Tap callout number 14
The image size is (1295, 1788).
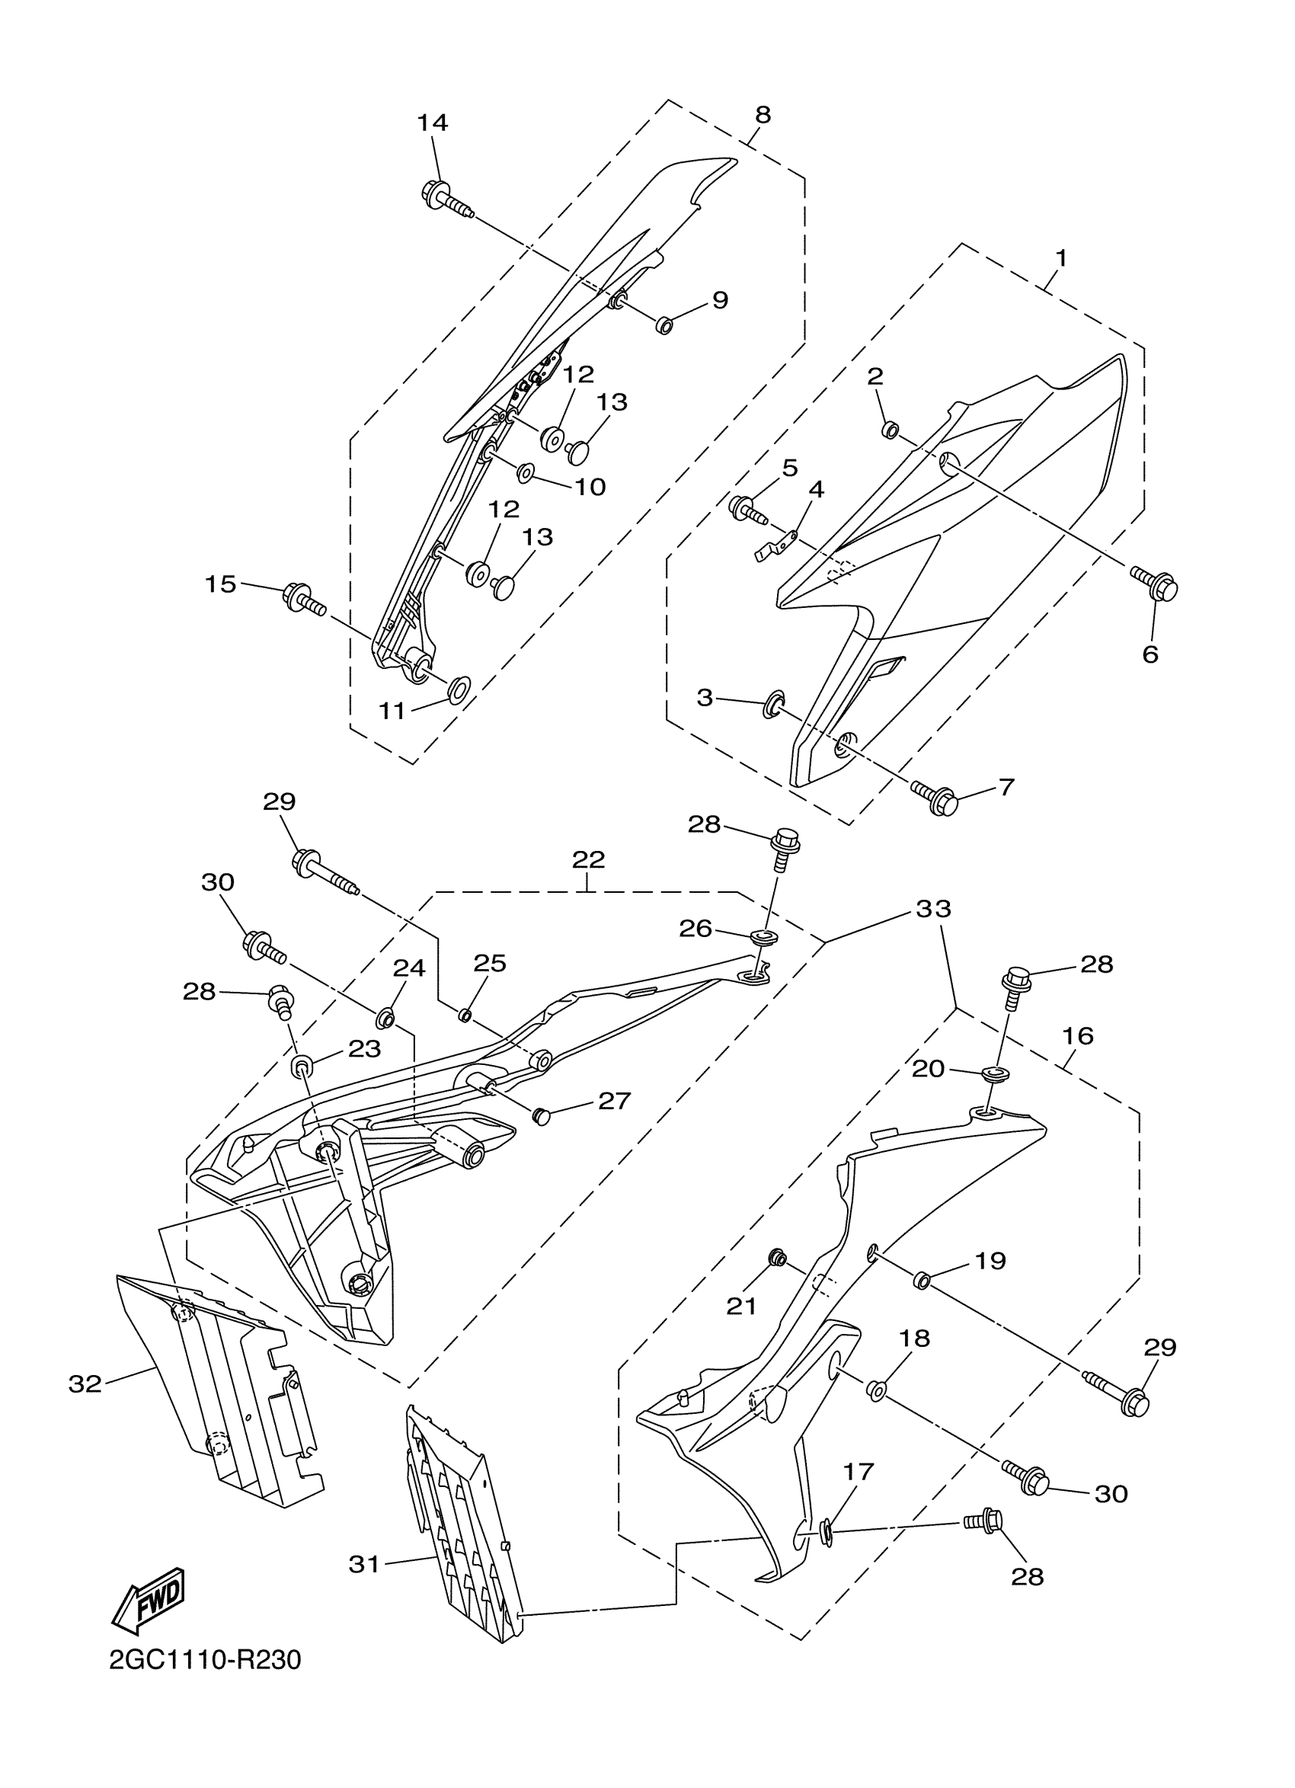click(432, 122)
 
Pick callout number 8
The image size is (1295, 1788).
click(763, 114)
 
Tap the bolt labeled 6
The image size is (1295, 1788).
click(1156, 584)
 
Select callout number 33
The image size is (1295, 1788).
click(934, 909)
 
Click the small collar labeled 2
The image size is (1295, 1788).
click(890, 430)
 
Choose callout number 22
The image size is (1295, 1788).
click(589, 859)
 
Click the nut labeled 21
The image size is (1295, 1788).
click(777, 1258)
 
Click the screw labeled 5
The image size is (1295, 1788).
click(749, 508)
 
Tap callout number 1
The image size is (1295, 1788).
click(1061, 257)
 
